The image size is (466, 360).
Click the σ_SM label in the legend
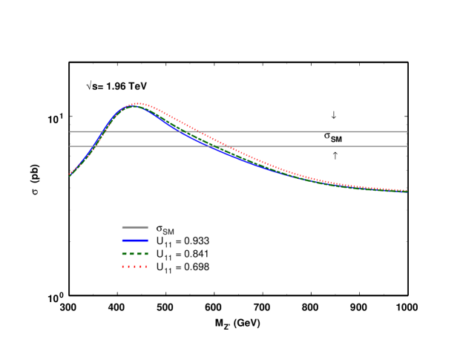click(x=163, y=229)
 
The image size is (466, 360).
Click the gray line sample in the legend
click(x=136, y=227)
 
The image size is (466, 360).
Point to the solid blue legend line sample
click(x=136, y=240)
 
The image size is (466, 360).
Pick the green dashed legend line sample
click(x=136, y=253)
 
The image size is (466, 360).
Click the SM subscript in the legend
click(x=168, y=231)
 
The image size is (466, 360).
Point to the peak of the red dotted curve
click(x=138, y=103)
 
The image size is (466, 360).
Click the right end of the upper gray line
click(x=407, y=131)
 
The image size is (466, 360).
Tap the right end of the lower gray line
click(x=407, y=146)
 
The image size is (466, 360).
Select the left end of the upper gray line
click(x=70, y=131)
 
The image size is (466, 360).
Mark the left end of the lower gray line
click(x=70, y=146)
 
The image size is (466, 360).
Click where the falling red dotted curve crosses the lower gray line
click(x=227, y=146)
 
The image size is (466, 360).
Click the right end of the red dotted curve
click(x=407, y=191)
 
